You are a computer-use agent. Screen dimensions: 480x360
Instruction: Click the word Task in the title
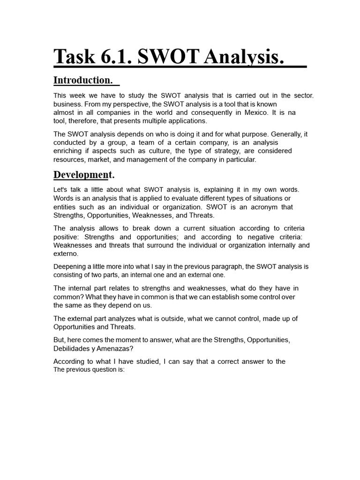(73, 57)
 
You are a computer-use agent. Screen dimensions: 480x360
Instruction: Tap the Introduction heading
(83, 80)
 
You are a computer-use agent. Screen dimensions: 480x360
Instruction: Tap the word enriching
(69, 151)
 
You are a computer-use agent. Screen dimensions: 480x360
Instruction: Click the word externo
(66, 254)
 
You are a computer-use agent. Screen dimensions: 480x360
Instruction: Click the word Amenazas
(124, 348)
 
